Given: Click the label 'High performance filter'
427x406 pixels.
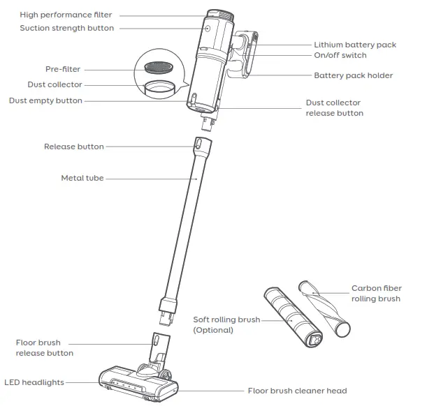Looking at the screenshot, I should (66, 15).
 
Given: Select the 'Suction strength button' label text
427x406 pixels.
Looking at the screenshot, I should (66, 29).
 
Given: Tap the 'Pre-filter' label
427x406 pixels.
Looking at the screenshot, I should (63, 69).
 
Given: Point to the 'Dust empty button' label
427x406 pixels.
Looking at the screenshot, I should (55, 101).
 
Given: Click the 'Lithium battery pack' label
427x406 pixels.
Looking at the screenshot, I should (354, 45).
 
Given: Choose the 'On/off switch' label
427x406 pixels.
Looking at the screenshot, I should (340, 56).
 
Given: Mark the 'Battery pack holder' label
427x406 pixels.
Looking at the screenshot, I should (353, 75).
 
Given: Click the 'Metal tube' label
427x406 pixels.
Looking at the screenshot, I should (82, 179).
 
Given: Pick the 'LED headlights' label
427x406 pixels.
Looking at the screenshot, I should (34, 382).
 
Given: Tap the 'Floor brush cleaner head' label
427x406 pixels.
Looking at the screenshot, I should (297, 391).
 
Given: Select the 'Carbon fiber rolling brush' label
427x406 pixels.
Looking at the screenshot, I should (375, 294).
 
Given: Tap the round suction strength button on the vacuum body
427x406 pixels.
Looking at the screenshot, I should (208, 29).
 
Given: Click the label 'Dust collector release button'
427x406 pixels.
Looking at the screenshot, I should (334, 108).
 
